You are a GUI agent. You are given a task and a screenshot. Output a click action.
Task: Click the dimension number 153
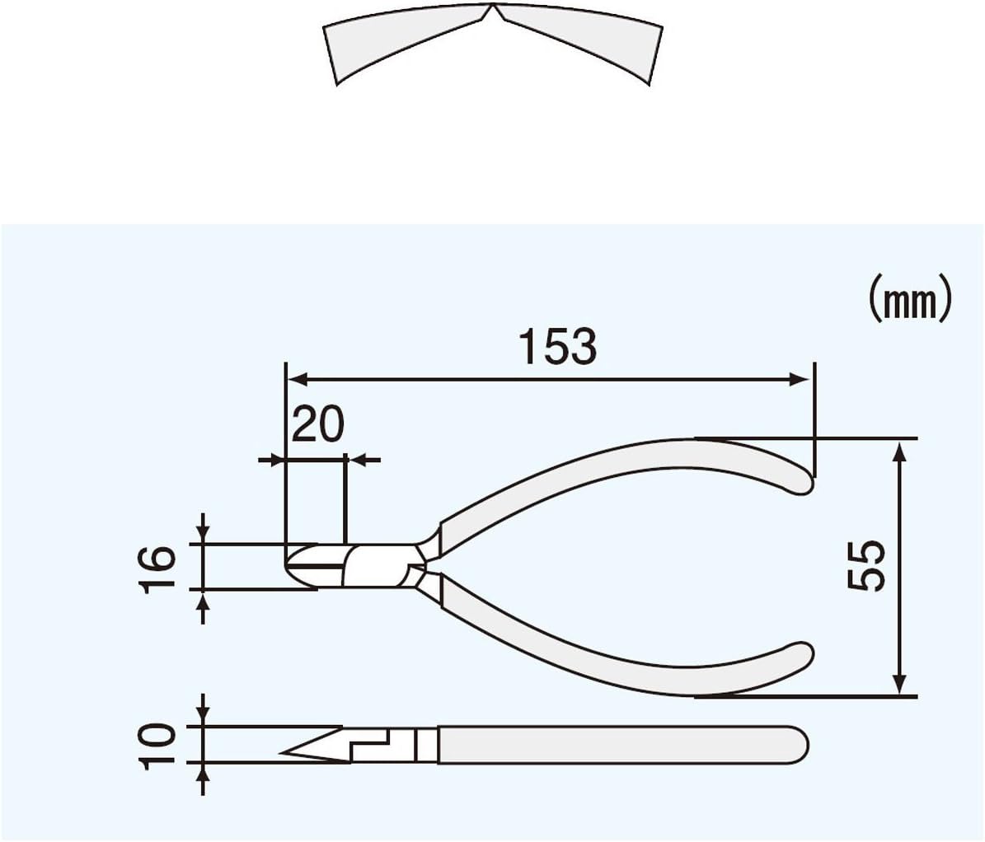coord(557,346)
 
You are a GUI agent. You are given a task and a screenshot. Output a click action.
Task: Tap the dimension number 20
coord(317,425)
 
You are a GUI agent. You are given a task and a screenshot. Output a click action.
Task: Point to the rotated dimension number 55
coord(866,566)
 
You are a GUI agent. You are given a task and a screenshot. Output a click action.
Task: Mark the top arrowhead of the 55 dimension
coord(899,450)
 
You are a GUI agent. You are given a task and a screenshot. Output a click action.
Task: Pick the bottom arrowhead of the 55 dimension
coord(899,685)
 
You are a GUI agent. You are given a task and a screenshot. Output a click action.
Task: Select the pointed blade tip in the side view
coord(285,752)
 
